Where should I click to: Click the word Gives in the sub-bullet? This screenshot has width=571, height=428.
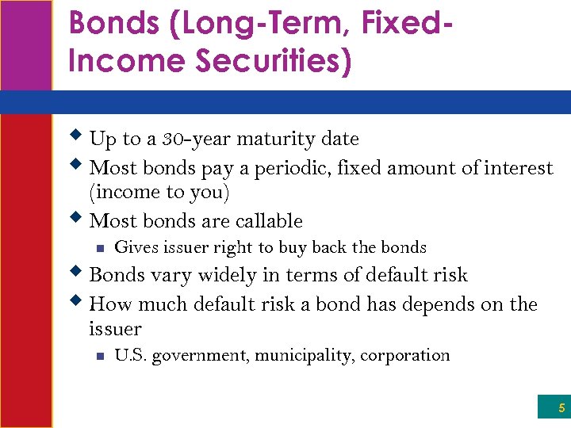coord(136,247)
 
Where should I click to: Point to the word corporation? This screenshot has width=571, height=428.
coord(404,356)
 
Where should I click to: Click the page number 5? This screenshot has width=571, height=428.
coord(561,409)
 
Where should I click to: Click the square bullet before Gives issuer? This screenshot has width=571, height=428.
coord(99,248)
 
